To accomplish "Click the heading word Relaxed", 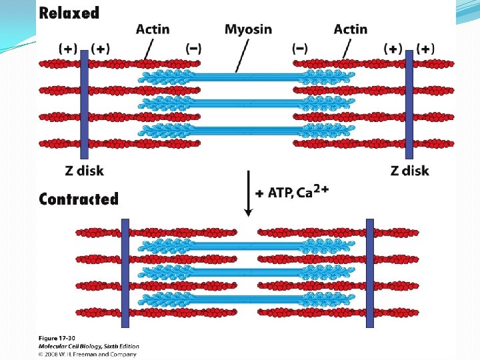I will pos(69,13).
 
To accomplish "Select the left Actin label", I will pos(153,29).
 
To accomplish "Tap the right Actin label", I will pos(350,29).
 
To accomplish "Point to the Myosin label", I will pos(248,29).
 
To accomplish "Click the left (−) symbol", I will pos(194,48).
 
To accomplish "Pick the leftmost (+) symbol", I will pos(68,48).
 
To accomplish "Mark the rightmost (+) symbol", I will pos(425,48).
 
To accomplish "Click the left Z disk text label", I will pos(85,171).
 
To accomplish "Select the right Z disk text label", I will pos(409,171).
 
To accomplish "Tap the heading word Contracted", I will pos(79,199).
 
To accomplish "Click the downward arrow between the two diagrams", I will pos(248,193).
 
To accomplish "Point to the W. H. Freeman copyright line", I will pos(87,354).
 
